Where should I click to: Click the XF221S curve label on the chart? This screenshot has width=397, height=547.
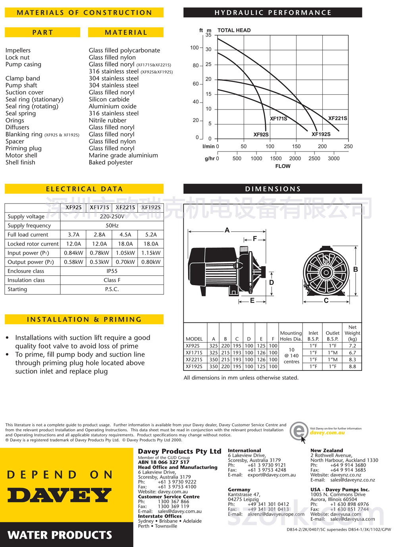click(x=337, y=118)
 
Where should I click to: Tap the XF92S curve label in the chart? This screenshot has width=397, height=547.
click(x=261, y=134)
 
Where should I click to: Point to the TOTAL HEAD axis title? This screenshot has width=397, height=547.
click(x=234, y=30)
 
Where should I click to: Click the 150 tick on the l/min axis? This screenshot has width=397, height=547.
click(x=296, y=146)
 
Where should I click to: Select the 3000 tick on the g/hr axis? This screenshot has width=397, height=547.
click(x=333, y=158)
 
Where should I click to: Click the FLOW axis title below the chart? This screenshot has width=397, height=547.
click(x=283, y=166)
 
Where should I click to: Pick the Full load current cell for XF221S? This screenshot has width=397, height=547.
click(x=125, y=234)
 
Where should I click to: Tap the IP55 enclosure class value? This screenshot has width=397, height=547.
click(x=112, y=271)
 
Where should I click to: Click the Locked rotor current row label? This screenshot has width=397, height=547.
click(x=33, y=244)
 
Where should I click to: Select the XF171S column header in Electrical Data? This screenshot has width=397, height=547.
click(x=99, y=207)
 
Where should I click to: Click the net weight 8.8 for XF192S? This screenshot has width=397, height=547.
click(x=352, y=367)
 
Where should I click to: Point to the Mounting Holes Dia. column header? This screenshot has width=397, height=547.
click(x=291, y=336)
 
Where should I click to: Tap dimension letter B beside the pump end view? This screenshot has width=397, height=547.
click(x=355, y=269)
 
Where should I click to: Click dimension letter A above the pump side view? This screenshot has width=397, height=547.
click(x=227, y=230)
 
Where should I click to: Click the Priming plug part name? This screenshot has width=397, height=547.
click(x=23, y=148)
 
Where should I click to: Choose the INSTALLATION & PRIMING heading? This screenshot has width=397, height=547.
click(x=84, y=319)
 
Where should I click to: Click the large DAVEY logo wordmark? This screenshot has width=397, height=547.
click(x=60, y=495)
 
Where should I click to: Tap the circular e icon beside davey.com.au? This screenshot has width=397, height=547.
click(x=299, y=431)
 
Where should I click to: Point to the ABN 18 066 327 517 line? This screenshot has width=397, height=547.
click(x=164, y=462)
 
